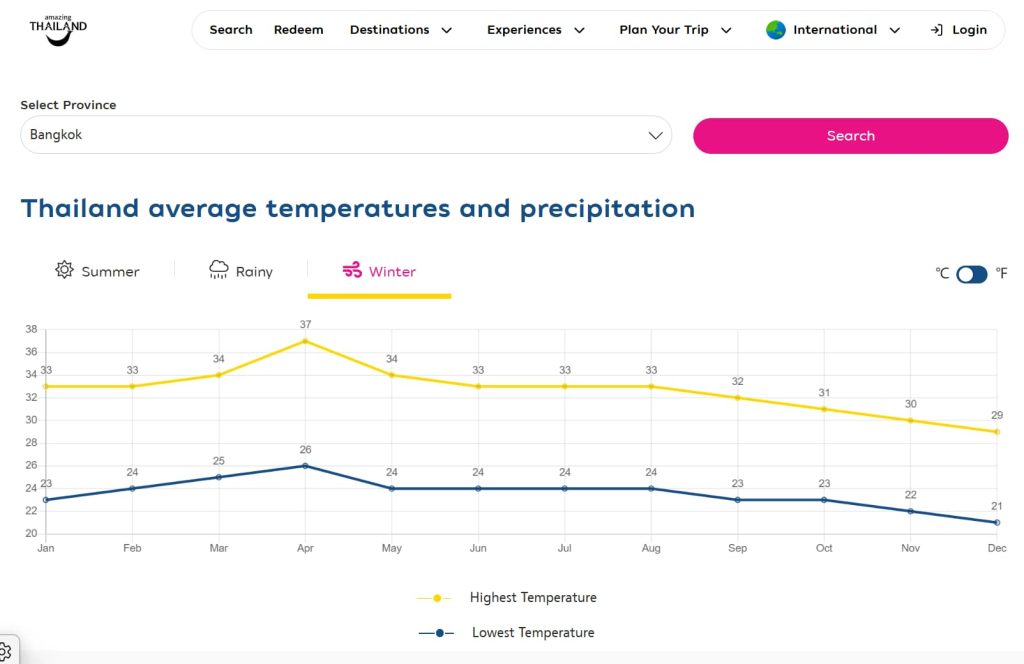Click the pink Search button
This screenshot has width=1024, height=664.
pos(850,136)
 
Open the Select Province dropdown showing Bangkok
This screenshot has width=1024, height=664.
pos(346,135)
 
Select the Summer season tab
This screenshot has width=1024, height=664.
pos(98,271)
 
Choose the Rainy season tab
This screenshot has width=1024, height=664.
pos(241,271)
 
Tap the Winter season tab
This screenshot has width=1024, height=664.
pos(379,271)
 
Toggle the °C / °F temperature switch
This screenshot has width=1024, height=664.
pos(971,274)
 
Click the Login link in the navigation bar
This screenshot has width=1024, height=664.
pos(959,30)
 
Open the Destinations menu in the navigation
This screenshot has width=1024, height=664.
pos(400,30)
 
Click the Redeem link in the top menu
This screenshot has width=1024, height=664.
pos(299,30)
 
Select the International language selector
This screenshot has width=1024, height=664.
pos(833,30)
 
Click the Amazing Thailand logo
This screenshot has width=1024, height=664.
pos(58,29)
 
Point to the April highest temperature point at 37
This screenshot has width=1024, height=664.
pos(305,341)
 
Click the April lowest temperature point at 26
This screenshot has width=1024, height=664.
pos(305,466)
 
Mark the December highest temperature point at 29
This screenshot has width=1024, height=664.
pos(997,432)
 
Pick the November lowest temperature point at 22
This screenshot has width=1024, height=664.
pos(910,511)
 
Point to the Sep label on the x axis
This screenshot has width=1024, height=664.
pos(737,548)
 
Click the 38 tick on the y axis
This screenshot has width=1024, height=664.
pos(30,329)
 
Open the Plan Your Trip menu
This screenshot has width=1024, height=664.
pos(675,30)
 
